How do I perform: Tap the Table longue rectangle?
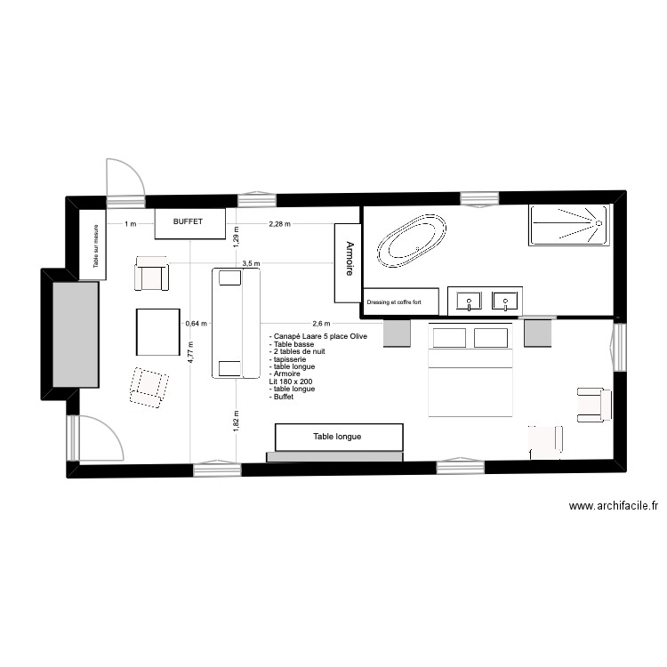(338, 437)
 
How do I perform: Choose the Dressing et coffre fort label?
(401, 302)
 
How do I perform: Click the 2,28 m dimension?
(280, 224)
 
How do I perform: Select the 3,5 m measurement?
(251, 263)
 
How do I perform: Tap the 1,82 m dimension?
(236, 419)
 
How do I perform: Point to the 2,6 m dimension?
(321, 324)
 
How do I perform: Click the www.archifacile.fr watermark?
(614, 506)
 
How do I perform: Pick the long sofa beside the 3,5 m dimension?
(235, 324)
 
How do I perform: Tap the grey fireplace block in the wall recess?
(75, 334)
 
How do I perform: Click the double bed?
(471, 369)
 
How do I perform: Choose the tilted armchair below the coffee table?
(149, 386)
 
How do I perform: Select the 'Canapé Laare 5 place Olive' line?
(317, 336)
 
